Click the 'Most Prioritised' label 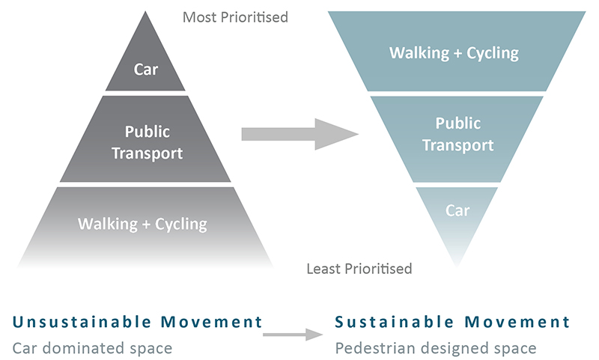[235, 16]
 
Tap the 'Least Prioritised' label [359, 268]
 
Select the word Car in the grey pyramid [146, 70]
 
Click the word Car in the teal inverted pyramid [457, 210]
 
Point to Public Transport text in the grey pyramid [147, 142]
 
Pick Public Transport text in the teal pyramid [457, 133]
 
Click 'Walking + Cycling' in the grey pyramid [142, 223]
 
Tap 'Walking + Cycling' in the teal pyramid [454, 53]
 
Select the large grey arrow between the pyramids [299, 134]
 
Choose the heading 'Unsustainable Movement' [137, 323]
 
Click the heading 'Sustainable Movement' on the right [452, 323]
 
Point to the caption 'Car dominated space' [92, 348]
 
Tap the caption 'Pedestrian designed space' [435, 348]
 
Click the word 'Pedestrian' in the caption [370, 348]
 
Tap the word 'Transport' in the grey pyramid [147, 153]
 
